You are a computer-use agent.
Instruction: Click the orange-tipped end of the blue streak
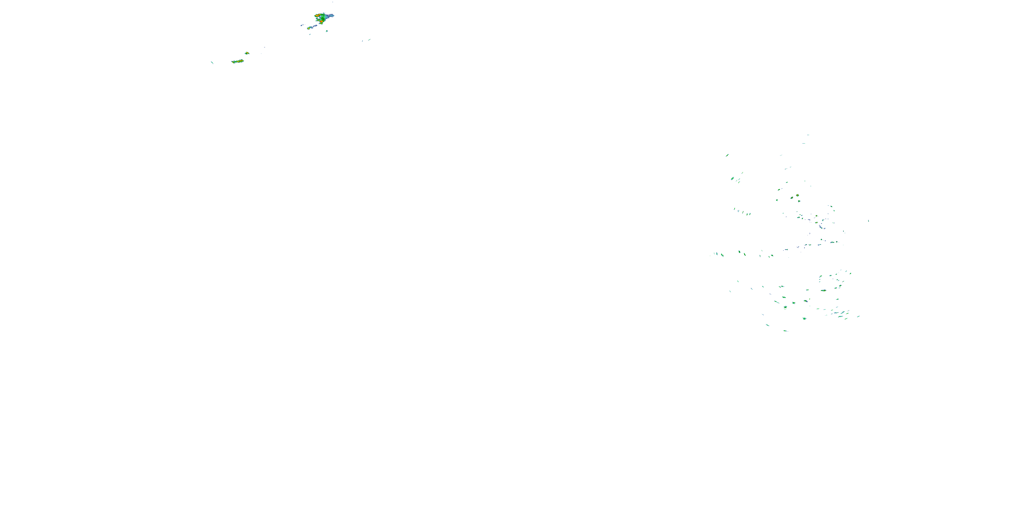309,28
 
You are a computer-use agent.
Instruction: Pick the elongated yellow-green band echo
237,61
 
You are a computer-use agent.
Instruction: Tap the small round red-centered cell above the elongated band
247,53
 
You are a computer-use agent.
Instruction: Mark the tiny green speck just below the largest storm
327,31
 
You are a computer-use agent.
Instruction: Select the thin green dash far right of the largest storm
369,39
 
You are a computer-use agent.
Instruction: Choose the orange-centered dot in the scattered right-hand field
797,195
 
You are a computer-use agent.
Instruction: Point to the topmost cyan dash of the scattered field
808,135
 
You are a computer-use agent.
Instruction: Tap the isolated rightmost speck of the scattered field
868,221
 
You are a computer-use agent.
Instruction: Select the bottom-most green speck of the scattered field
785,331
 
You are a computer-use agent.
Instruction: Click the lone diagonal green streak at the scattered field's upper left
727,155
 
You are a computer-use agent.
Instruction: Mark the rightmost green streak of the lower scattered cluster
858,316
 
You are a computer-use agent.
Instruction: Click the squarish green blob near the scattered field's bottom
804,318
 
